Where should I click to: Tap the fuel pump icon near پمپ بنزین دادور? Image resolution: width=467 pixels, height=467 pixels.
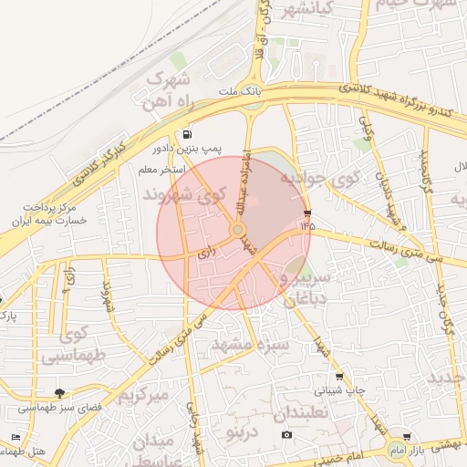pos(188,134)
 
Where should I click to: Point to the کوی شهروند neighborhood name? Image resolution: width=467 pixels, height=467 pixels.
pos(183,195)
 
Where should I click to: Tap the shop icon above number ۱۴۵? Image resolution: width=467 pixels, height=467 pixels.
pos(305,213)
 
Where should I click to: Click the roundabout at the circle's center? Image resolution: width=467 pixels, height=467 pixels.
pos(237,231)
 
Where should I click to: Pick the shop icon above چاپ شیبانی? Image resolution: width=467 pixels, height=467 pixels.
pos(339,375)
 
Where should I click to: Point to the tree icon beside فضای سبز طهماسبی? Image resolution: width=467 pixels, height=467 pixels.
pos(60,393)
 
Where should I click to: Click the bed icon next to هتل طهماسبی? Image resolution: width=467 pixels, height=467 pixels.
pos(16,438)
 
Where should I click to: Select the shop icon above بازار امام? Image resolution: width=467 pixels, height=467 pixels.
pos(406,437)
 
